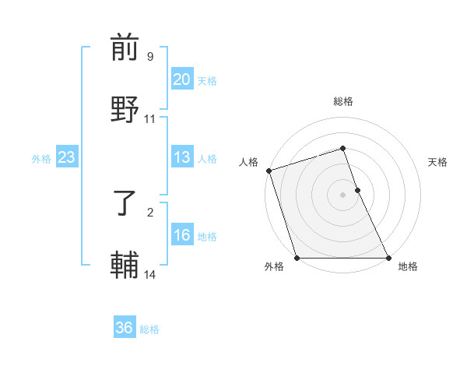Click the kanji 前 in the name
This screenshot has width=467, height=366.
pos(125,48)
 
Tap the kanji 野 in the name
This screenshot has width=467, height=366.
pos(125,109)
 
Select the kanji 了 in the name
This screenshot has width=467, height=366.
pos(125,203)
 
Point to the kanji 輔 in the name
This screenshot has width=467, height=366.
pos(125,265)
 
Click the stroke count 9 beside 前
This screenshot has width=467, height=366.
pos(150,57)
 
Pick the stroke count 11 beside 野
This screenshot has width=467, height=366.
pos(150,118)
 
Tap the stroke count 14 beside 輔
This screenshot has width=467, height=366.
pos(150,274)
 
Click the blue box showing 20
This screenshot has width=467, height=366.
pos(182,79)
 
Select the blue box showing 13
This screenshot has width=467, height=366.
pos(182,157)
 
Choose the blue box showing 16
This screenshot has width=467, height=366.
pos(182,235)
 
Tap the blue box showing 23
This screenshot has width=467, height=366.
pos(66,157)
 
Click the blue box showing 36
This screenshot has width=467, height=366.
pos(125,328)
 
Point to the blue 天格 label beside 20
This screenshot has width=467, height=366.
pos(207,80)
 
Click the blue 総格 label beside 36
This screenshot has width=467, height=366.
pos(149,329)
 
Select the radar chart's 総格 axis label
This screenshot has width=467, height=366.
pos(343,101)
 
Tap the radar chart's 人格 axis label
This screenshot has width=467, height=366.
pos(248,162)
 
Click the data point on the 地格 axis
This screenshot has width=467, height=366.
pos(388,258)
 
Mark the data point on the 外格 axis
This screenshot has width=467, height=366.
pos(297,258)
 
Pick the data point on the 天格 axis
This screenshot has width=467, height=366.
pos(357,190)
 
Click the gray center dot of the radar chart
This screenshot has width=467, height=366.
pos(343,195)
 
